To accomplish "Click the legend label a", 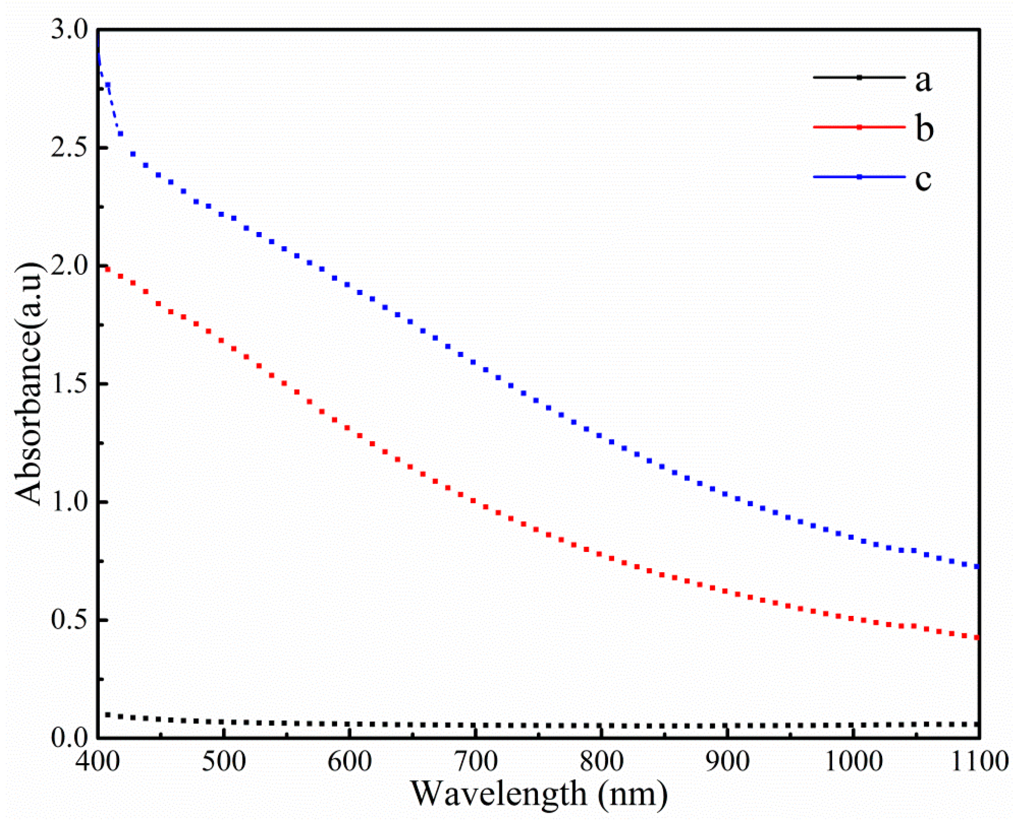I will click(923, 81).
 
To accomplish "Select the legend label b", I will click(924, 128).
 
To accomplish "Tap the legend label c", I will click(923, 178).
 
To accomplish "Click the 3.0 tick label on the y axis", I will click(70, 30).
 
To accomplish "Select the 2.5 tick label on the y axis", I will click(70, 148).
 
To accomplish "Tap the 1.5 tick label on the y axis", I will click(70, 384).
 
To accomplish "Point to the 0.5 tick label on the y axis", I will click(70, 621).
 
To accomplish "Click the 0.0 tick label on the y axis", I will click(70, 738).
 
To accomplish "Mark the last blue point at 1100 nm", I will click(976, 566).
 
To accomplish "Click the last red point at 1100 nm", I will click(976, 638).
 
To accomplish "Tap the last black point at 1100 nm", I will click(976, 724).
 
